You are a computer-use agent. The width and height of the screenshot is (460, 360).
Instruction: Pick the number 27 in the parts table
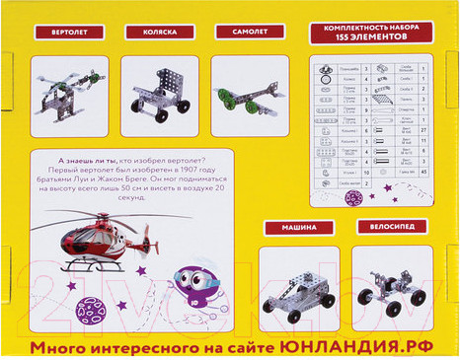click(x=423, y=128)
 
